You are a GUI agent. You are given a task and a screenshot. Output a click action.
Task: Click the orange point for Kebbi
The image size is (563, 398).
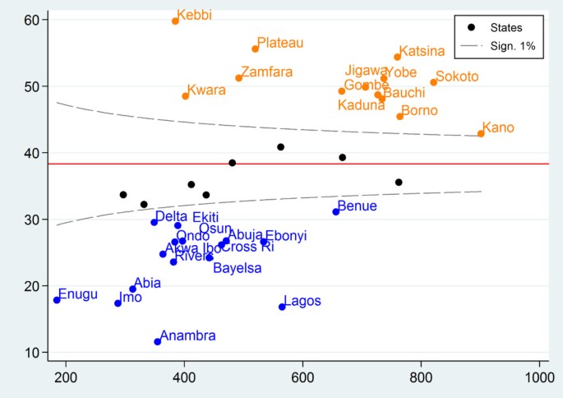pyautogui.click(x=175, y=21)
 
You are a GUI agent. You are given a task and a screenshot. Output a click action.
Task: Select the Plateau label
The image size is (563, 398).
pyautogui.click(x=280, y=43)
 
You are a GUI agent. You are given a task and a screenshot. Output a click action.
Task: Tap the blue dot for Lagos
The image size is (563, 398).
pyautogui.click(x=282, y=307)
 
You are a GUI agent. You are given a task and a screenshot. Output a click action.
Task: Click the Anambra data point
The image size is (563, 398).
pyautogui.click(x=158, y=342)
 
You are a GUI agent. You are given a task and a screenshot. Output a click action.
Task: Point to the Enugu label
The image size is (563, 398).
pyautogui.click(x=78, y=294)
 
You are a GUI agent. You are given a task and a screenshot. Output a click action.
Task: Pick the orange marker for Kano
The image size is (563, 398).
pyautogui.click(x=481, y=133)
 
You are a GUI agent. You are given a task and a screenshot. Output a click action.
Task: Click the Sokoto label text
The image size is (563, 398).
pyautogui.click(x=457, y=76)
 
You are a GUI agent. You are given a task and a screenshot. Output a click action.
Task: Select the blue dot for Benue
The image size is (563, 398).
pyautogui.click(x=335, y=212)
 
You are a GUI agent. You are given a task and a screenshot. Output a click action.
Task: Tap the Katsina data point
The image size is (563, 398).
pyautogui.click(x=397, y=57)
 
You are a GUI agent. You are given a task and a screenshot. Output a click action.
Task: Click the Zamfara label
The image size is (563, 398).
pyautogui.click(x=267, y=72)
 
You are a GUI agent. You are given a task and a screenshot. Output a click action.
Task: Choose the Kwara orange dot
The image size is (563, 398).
pyautogui.click(x=186, y=96)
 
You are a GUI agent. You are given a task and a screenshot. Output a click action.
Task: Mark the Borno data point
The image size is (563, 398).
pyautogui.click(x=399, y=116)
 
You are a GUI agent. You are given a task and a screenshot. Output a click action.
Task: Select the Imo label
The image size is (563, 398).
pyautogui.click(x=131, y=298)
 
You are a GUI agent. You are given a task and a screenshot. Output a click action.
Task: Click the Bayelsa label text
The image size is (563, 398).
pyautogui.click(x=238, y=268)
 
